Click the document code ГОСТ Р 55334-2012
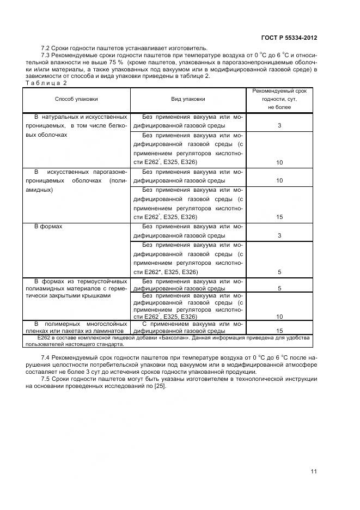click(x=289, y=38)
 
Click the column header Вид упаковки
click(x=188, y=99)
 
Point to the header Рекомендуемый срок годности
click(x=279, y=99)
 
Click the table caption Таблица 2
click(x=46, y=83)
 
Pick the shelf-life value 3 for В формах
click(x=279, y=235)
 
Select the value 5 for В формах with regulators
click(x=279, y=272)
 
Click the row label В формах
click(x=48, y=226)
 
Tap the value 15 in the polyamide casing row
click(x=279, y=217)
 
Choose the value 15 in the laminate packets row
click(x=279, y=331)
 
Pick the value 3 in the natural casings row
click(x=279, y=126)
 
